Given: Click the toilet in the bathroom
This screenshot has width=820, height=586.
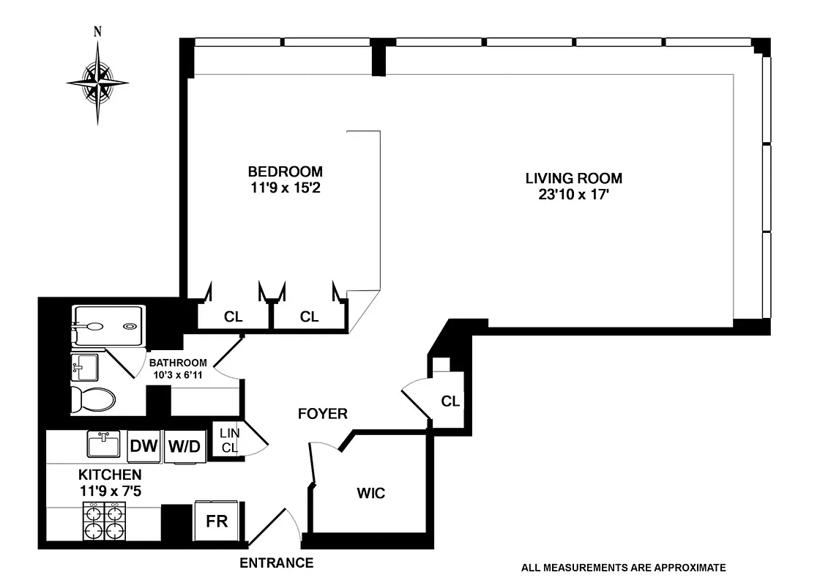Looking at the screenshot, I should tap(93, 400).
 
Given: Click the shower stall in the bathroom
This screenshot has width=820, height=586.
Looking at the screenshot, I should tap(108, 326).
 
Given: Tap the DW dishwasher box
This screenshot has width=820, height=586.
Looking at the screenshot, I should tap(144, 446).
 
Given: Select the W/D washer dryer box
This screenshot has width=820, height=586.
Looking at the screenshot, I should tap(183, 446).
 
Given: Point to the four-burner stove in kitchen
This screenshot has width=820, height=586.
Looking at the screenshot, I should tap(105, 522).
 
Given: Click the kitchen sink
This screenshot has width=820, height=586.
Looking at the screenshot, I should tap(104, 444).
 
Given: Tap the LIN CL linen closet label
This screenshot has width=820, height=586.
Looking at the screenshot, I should tap(229, 439).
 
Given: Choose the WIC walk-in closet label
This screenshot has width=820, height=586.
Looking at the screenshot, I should tap(371, 493).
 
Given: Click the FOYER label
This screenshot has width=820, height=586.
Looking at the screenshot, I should tap(322, 414).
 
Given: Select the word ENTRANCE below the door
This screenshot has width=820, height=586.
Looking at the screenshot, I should tap(276, 563).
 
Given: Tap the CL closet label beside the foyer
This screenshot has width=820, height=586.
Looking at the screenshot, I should tap(450, 401).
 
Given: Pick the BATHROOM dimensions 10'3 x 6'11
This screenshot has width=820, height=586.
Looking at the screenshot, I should tap(178, 374).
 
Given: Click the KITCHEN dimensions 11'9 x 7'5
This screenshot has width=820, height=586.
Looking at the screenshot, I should tap(110, 490).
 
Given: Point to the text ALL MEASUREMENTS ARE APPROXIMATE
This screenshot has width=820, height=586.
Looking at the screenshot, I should tap(623, 567).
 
